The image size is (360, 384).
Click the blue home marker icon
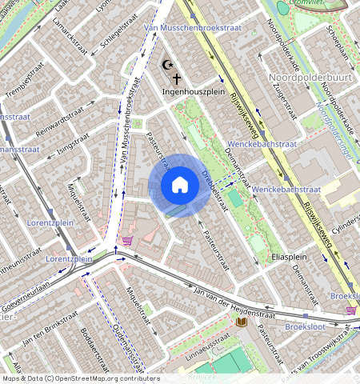click(x=180, y=185)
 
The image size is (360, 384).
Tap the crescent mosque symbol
click(x=166, y=65)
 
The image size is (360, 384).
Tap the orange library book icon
click(x=242, y=322)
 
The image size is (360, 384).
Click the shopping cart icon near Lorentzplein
click(x=126, y=239)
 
